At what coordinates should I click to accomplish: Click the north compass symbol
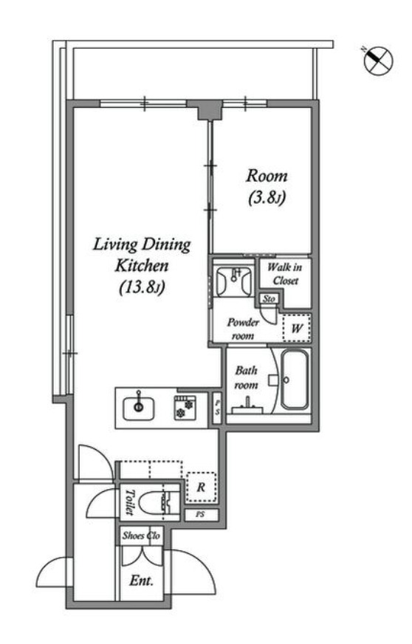point(378,61)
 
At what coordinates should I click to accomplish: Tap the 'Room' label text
point(267,177)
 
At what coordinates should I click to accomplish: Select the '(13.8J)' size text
point(142,287)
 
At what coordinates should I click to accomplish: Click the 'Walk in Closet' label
point(285,274)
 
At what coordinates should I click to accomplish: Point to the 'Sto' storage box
point(269,298)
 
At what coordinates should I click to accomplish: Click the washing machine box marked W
point(297,328)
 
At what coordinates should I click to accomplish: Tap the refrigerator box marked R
point(201,487)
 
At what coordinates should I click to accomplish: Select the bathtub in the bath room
point(295,379)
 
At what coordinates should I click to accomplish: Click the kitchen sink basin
point(139,408)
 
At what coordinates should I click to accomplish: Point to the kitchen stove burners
point(184,408)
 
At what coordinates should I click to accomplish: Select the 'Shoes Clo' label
point(141,535)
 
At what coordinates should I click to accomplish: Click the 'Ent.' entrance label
point(141,580)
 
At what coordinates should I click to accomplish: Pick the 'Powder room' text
point(243,329)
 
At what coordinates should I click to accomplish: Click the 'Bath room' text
point(246,378)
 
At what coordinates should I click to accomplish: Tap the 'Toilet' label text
point(129,502)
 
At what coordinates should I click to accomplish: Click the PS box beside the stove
point(217,407)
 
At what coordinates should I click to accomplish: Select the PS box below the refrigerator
point(200,515)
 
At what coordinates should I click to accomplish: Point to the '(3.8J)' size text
point(267,198)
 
